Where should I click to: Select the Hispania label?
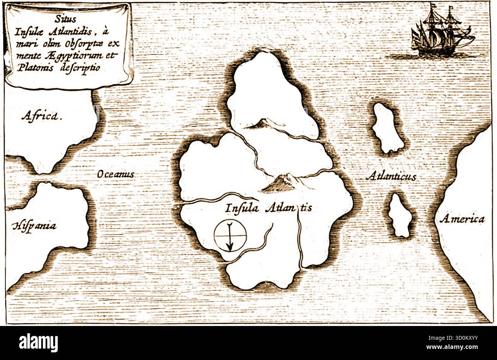34,225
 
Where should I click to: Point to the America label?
462,219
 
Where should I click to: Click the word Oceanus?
115,174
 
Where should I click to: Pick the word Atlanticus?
390,177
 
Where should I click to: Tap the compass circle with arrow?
230,236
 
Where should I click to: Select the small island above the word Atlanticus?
387,128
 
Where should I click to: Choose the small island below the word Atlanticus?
400,215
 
